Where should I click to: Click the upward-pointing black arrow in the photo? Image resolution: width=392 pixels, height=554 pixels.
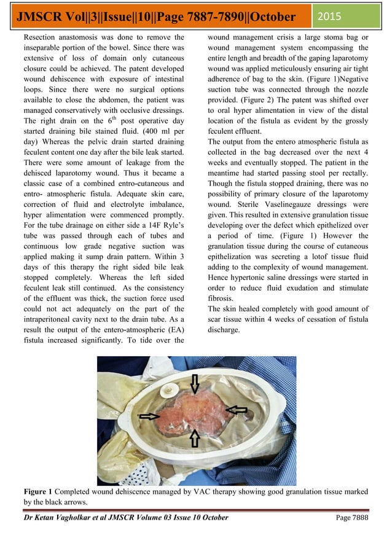coord(195,438)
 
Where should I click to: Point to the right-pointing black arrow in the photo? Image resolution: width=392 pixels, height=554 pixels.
coord(149,416)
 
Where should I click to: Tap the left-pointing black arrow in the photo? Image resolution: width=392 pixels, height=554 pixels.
coord(237,410)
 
